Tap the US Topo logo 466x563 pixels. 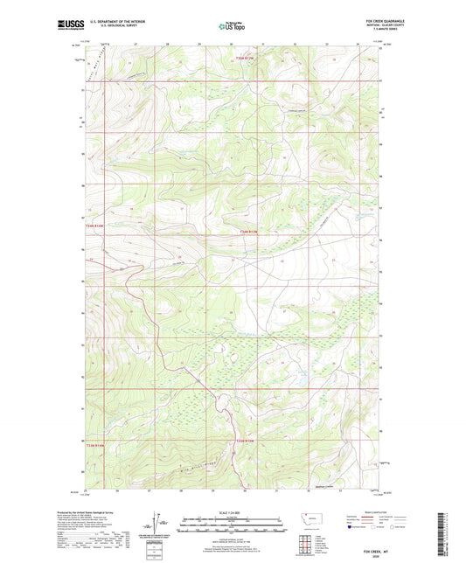tap(232, 26)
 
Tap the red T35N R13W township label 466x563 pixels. tap(248, 59)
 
